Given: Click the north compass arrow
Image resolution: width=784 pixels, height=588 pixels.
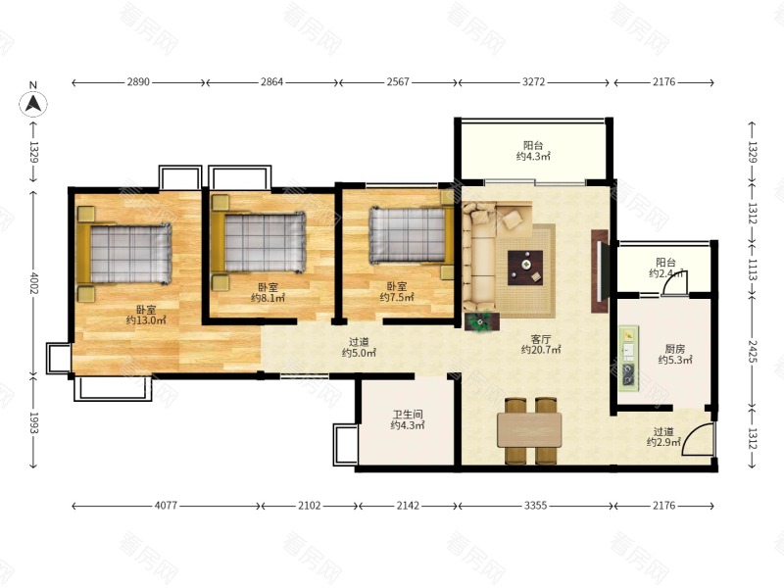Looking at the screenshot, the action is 33,104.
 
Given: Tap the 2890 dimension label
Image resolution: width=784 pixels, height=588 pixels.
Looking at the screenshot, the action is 138,82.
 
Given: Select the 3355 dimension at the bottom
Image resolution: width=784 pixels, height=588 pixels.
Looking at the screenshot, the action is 535,506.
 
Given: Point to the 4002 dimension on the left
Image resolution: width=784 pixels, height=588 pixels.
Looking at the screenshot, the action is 33,283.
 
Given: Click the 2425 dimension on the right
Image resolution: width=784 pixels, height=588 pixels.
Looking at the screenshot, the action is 753,351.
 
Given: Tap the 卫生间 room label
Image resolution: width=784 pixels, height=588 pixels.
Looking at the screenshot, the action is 408,415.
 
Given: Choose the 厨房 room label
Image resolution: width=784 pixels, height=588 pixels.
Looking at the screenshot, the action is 675,349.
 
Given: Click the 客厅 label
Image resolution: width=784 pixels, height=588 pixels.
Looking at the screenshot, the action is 541,338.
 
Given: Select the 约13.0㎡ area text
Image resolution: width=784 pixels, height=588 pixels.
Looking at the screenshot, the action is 146,320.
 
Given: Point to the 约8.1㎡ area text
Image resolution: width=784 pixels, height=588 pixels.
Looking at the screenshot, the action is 268,299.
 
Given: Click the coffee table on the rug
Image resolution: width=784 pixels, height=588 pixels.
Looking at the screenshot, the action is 525,268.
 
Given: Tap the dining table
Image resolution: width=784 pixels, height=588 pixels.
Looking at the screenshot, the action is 529,430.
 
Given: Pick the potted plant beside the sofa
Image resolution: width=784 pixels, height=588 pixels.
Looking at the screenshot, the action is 481,322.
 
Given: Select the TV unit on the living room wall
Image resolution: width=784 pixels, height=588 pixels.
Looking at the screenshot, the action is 600,271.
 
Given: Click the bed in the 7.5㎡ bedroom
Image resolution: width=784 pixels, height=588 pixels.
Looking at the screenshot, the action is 408,235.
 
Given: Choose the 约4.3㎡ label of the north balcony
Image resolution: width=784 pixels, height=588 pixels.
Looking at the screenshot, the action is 533,157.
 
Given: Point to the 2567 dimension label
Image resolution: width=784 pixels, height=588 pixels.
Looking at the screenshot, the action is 398,82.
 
